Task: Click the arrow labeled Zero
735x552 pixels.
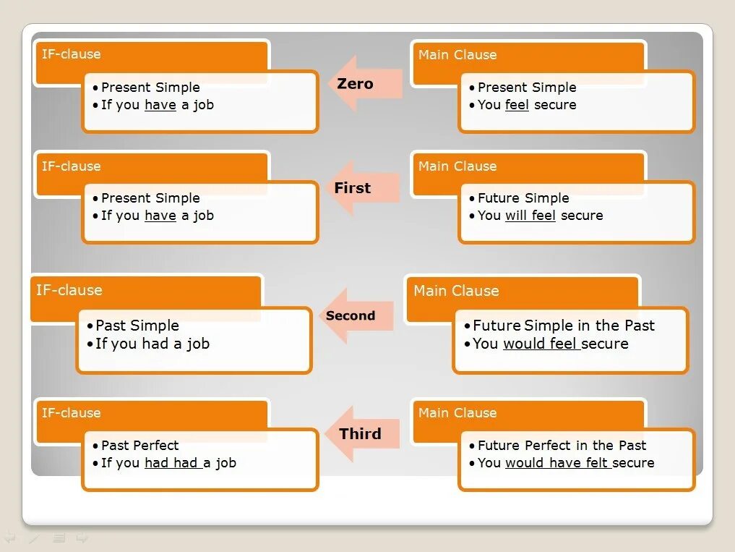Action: [x=365, y=83]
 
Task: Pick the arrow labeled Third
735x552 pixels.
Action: [x=364, y=434]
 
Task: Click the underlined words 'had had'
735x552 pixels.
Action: [x=172, y=463]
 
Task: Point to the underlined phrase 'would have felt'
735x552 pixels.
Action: [x=558, y=463]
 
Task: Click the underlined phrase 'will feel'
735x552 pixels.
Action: [x=530, y=216]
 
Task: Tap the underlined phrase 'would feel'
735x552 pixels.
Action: [x=541, y=344]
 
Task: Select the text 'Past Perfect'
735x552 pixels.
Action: [x=139, y=446]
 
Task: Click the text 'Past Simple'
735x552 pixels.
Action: [x=137, y=326]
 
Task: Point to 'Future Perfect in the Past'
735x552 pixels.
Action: [x=562, y=446]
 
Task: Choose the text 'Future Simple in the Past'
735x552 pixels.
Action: [x=564, y=326]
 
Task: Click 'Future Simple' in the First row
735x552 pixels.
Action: [x=523, y=198]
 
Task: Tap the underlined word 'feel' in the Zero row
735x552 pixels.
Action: [x=517, y=105]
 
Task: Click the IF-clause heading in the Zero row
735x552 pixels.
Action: [x=71, y=54]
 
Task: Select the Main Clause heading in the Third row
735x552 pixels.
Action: [x=457, y=413]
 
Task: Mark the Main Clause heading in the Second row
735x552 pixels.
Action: [x=456, y=291]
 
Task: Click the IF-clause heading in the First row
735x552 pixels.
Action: [x=71, y=166]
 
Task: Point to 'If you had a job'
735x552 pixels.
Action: [x=152, y=344]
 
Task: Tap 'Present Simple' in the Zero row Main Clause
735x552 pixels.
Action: [x=527, y=88]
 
